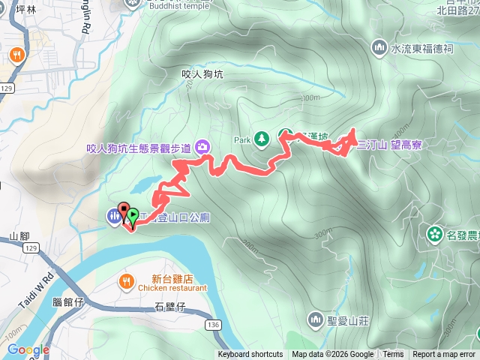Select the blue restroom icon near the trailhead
tap(113, 217)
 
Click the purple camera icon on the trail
tap(202, 146)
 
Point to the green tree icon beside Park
tap(261, 139)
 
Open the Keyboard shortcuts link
tap(250, 355)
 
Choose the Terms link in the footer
tap(393, 355)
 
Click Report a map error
tap(445, 355)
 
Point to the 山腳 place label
tap(19, 236)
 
